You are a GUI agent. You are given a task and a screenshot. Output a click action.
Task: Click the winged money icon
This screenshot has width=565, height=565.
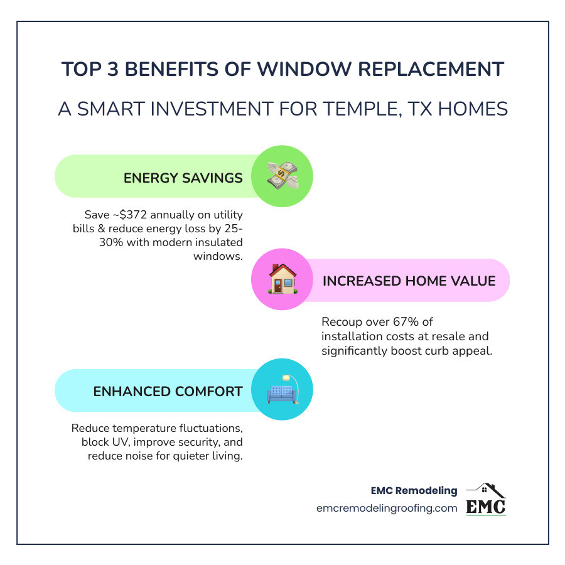282,176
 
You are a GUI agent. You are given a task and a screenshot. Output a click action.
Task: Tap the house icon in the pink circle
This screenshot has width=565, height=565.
282,279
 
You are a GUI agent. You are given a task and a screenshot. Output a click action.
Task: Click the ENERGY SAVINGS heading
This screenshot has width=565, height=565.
183,178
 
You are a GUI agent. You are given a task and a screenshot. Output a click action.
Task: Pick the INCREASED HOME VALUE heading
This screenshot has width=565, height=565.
409,281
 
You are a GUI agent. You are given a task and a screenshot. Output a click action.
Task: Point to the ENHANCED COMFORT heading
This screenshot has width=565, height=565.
168,391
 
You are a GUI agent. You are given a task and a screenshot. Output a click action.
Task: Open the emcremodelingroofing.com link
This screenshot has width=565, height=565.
387,508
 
